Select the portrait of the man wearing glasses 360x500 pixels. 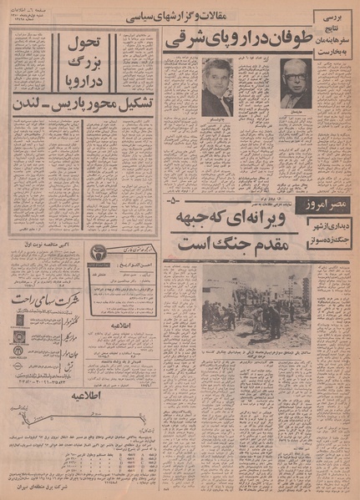coord(295,84)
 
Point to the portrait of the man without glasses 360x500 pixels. coord(217,86)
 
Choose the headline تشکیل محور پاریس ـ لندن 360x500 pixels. coord(82,106)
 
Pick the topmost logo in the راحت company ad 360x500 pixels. coord(19,319)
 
